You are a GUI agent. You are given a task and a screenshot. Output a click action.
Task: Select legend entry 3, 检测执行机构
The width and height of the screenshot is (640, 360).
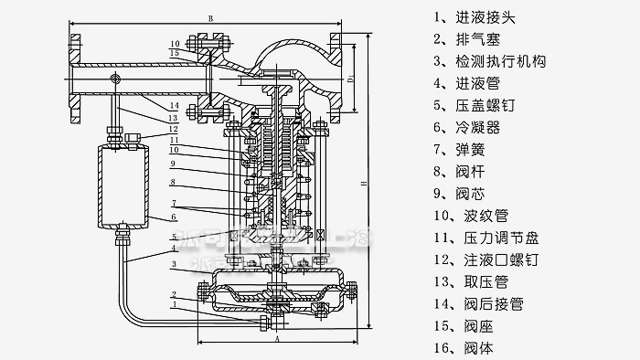pos(495,62)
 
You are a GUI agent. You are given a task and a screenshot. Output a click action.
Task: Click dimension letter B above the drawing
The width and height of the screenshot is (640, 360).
pos(210,18)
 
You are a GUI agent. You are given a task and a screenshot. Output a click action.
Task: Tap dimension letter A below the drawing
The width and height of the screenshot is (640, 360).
pos(276,335)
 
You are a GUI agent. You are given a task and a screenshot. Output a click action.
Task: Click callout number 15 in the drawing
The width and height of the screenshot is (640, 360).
pos(174,54)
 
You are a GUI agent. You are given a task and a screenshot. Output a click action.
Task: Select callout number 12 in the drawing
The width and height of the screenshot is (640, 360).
pos(173,130)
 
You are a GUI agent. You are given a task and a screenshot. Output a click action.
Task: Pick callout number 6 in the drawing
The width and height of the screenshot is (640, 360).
pos(173,217)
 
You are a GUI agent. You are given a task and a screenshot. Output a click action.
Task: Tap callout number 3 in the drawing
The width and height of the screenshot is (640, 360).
pos(173,264)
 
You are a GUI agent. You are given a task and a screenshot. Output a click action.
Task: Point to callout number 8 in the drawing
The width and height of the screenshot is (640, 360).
pos(173,183)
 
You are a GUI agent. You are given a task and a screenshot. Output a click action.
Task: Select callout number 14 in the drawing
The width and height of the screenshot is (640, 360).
pos(173,107)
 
